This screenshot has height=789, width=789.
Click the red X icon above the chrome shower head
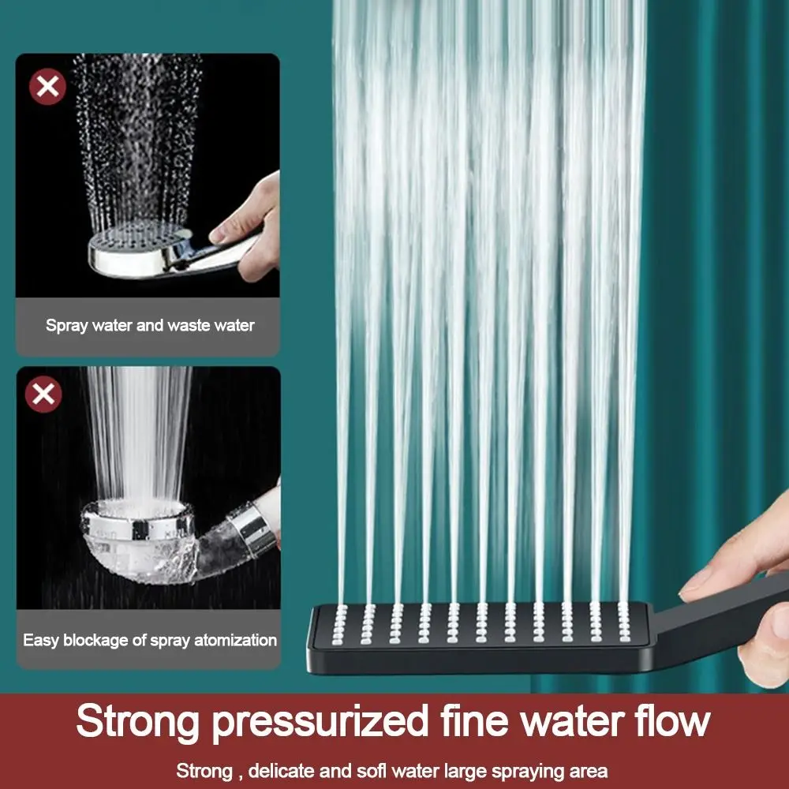click(47, 87)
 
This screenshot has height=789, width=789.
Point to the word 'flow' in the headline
click(670, 722)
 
